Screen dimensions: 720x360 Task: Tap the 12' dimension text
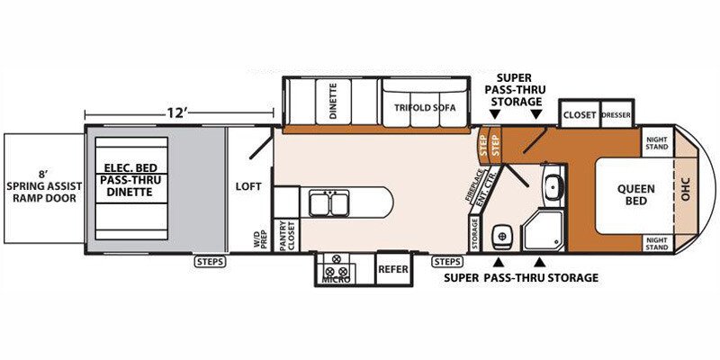pos(175,113)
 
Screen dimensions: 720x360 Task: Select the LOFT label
pos(249,186)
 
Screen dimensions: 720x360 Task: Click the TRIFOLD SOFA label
pos(425,108)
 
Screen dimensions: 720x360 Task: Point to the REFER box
pos(393,268)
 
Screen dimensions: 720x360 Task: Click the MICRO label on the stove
pos(336,280)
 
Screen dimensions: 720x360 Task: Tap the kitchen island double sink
pos(328,204)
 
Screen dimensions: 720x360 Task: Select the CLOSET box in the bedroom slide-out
pos(580,114)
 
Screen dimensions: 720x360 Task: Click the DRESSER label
pos(616,115)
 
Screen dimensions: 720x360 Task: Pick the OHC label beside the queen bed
pos(686,190)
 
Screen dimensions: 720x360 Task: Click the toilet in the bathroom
pos(502,236)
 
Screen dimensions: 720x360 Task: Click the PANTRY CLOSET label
pos(286,236)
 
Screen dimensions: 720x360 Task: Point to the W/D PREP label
pos(260,238)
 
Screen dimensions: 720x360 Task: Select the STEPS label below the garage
pos(210,262)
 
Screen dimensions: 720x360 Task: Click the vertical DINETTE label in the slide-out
pos(334,101)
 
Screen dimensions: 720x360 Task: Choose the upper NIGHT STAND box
pos(657,143)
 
